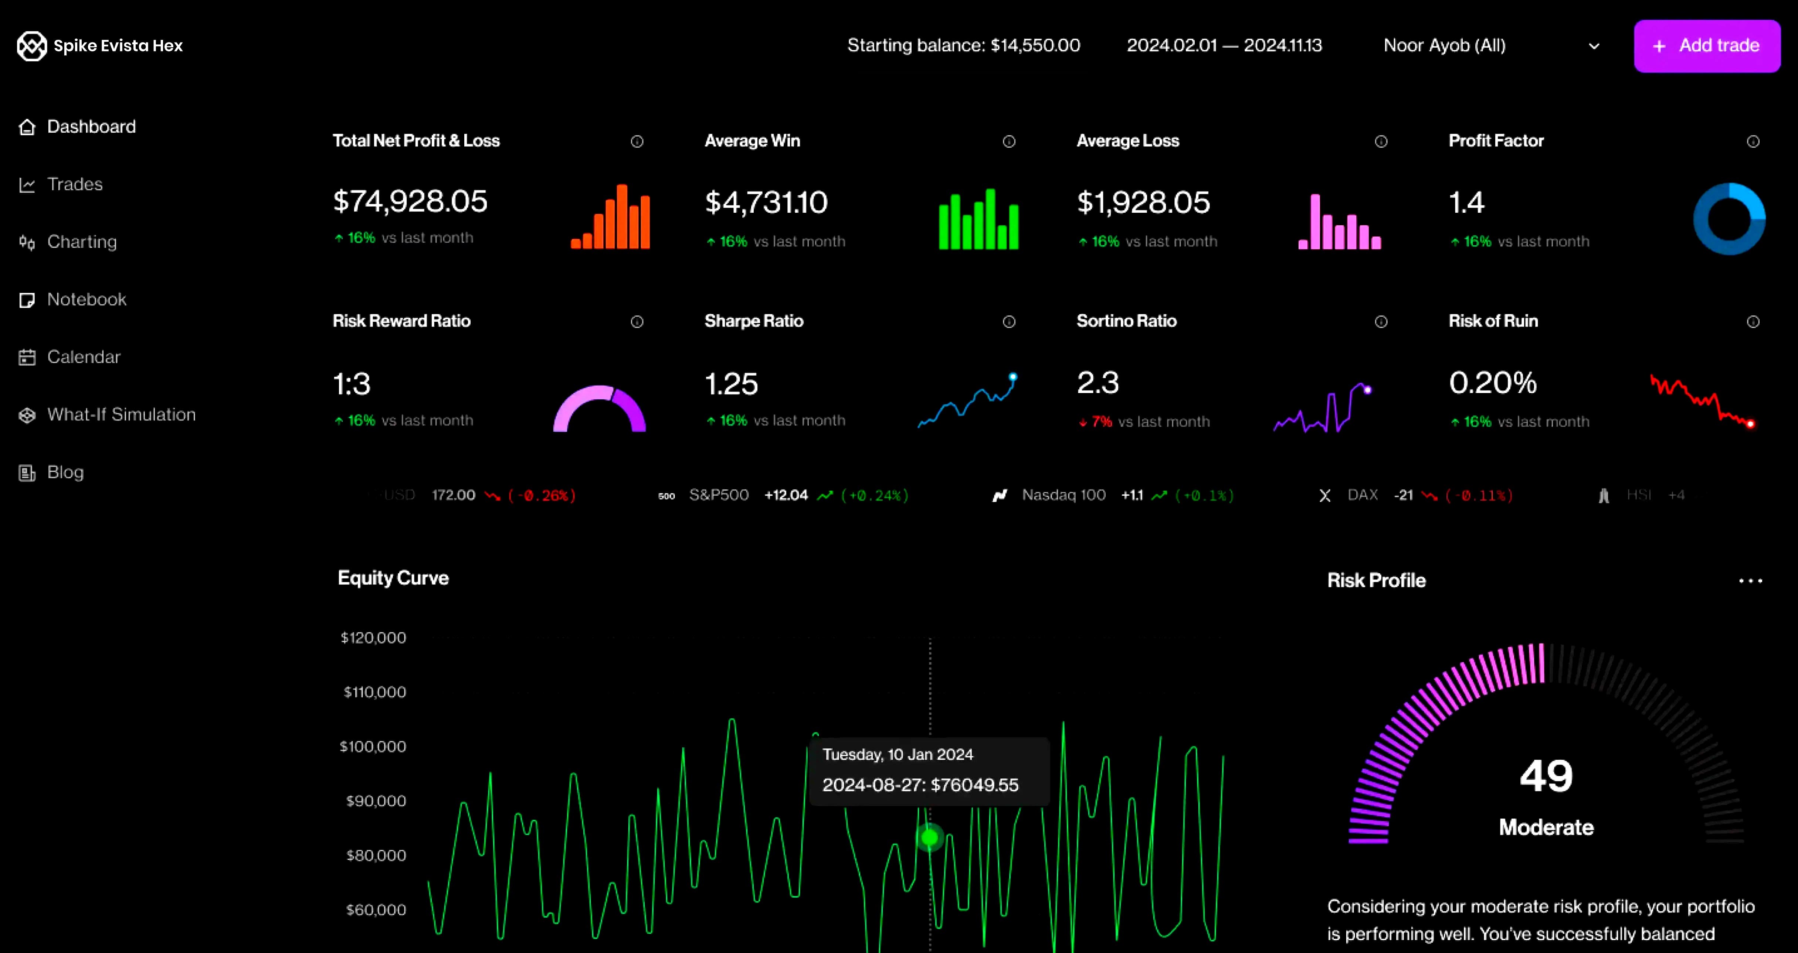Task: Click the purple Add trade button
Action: tap(1707, 46)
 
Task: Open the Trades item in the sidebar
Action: tap(75, 184)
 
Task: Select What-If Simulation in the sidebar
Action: tap(121, 414)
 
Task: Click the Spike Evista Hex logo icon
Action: tap(31, 46)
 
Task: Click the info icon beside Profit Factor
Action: tap(1753, 141)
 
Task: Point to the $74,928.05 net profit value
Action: tap(410, 202)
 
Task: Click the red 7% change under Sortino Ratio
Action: tap(1102, 421)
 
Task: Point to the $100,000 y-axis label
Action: tap(373, 747)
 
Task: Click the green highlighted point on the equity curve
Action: tap(930, 837)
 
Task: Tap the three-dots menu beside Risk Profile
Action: tap(1750, 580)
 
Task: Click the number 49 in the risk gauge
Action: tap(1546, 776)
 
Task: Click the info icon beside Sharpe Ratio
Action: tap(1008, 322)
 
